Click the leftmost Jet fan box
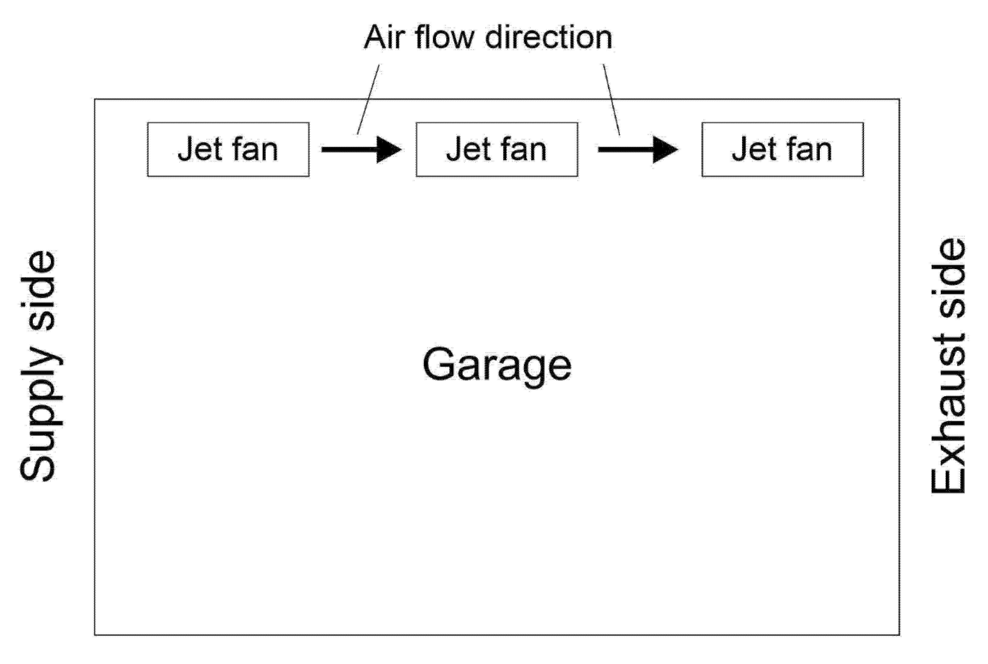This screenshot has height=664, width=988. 228,149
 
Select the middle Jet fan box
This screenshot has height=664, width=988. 496,149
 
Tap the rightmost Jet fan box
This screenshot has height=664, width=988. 782,149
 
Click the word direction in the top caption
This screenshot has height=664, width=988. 549,38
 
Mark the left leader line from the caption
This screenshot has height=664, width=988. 368,99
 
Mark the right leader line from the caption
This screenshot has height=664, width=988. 612,99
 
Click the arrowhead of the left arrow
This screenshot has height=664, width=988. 388,149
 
